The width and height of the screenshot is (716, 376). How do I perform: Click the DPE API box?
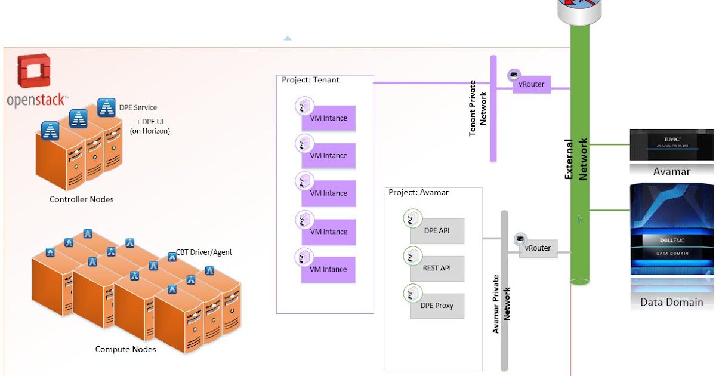[x=437, y=231]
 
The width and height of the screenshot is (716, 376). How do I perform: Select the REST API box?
[x=437, y=269]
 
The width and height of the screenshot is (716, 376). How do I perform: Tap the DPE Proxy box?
[x=437, y=306]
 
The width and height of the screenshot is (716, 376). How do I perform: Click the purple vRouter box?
[x=531, y=85]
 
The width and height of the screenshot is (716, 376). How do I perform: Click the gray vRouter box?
[x=538, y=248]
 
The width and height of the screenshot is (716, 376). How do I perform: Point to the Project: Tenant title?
[x=310, y=80]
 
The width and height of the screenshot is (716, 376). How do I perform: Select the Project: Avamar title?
[x=418, y=192]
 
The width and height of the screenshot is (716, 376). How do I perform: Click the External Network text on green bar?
[x=576, y=159]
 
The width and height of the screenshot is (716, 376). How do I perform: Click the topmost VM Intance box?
[x=328, y=118]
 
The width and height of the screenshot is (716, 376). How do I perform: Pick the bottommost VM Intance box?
[x=328, y=269]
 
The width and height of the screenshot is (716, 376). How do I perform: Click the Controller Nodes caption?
[x=81, y=199]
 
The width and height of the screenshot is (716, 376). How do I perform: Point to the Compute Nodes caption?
[x=125, y=349]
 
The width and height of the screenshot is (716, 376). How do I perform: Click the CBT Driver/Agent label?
[x=204, y=252]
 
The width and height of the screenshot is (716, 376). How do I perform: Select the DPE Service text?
[x=138, y=107]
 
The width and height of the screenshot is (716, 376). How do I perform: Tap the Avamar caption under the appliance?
[x=671, y=172]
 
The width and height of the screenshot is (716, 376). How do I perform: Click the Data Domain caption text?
[x=671, y=302]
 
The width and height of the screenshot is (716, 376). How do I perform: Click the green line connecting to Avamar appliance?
[x=609, y=144]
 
